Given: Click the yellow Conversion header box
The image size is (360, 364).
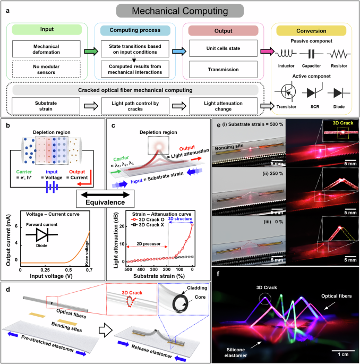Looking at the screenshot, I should pyautogui.click(x=316, y=30).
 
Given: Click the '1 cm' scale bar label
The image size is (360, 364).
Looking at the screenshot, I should pyautogui.click(x=339, y=352).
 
